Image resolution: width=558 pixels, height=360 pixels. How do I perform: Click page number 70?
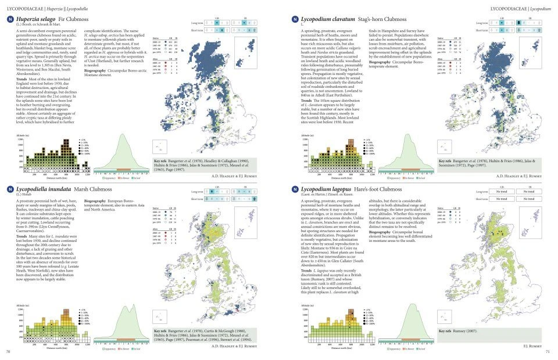[8, 352]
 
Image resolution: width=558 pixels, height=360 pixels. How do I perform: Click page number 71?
[548, 352]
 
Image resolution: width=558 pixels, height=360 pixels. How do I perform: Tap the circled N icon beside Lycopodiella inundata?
[10, 190]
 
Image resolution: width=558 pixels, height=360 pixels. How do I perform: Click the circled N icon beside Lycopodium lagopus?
[295, 190]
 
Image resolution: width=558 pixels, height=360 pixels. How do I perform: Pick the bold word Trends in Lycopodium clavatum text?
[307, 99]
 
